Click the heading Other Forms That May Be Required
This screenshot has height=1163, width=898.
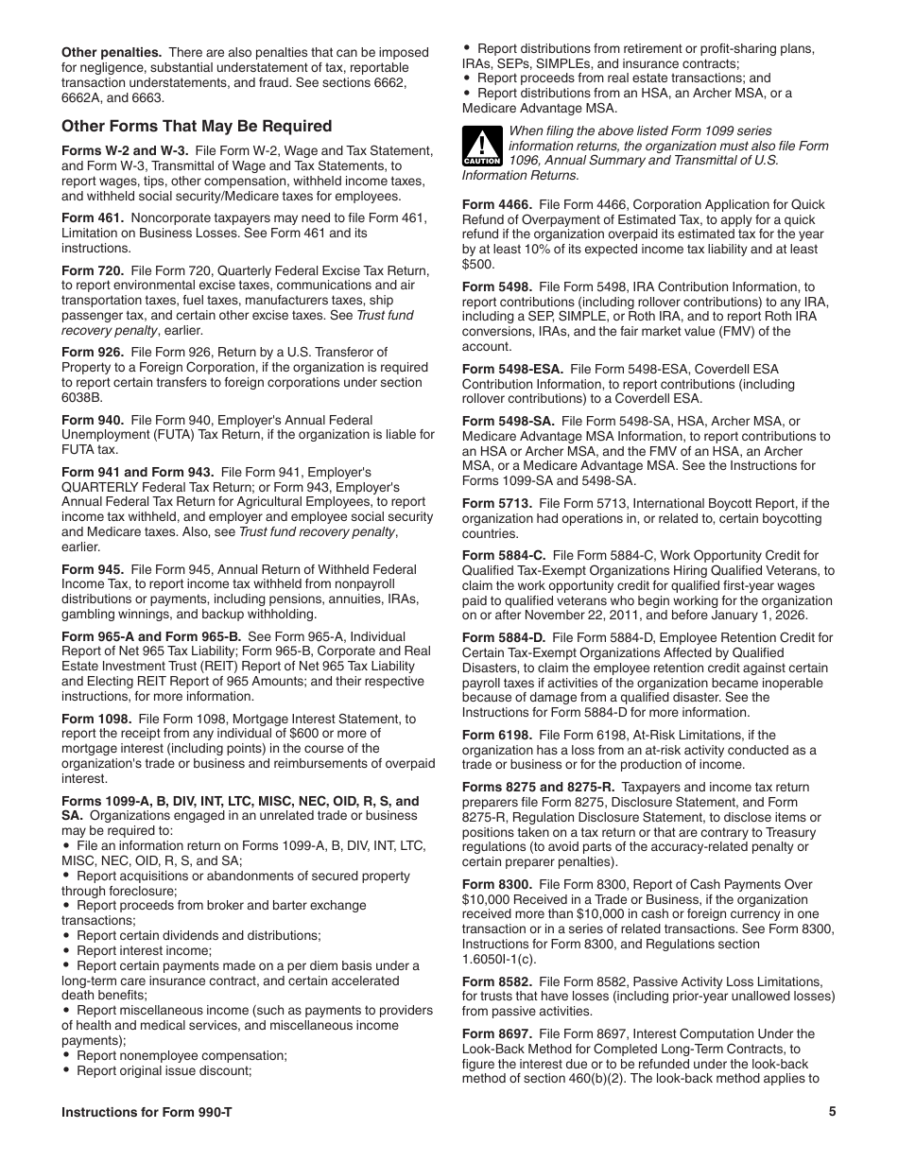(x=197, y=126)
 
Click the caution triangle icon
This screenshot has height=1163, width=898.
(x=482, y=147)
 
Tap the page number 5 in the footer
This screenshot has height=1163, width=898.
(x=833, y=1112)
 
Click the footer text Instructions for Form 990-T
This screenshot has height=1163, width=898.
(x=147, y=1113)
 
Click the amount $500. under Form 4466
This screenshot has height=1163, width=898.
(x=477, y=265)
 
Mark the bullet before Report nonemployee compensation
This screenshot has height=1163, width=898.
(x=67, y=1055)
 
